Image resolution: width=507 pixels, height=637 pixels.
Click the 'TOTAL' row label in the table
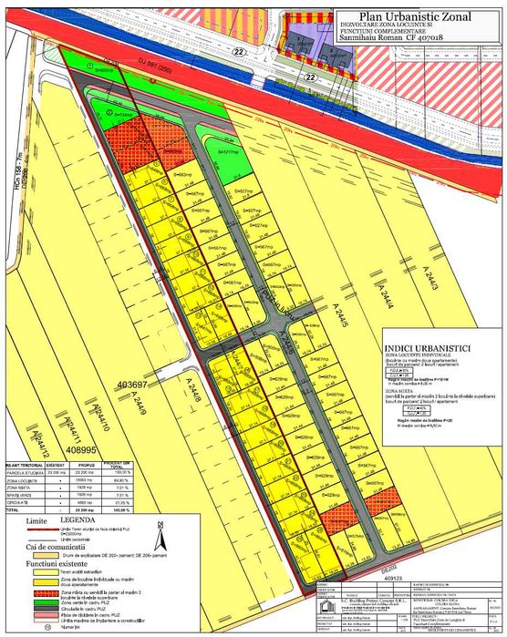click(x=16, y=509)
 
